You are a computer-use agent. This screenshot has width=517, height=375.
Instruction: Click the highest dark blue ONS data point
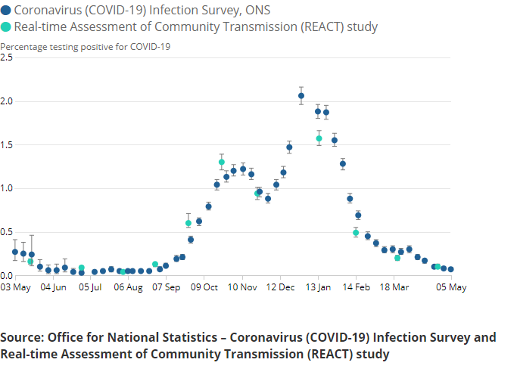(x=301, y=96)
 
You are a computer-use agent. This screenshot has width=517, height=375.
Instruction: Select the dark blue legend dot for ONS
(x=6, y=10)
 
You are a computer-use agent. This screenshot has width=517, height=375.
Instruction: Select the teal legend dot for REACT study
(x=6, y=26)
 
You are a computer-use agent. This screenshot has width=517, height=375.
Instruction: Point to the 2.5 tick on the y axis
(x=7, y=57)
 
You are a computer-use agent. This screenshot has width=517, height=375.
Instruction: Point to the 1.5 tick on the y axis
(x=7, y=144)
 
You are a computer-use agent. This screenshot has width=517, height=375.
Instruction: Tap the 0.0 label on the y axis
(x=7, y=275)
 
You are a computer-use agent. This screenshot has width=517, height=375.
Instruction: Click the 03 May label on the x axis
(x=15, y=288)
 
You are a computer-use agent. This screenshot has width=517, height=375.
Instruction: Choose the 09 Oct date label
(x=204, y=288)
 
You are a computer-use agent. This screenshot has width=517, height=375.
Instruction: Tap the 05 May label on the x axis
(x=450, y=288)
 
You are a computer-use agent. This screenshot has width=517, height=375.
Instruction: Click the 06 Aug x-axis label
(x=129, y=288)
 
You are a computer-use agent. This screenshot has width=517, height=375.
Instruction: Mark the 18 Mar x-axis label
(x=394, y=288)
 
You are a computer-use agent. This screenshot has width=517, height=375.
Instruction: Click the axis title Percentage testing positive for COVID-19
(x=85, y=46)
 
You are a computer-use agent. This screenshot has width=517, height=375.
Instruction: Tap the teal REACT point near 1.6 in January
(x=319, y=138)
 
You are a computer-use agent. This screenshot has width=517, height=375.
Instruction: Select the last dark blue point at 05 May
(x=451, y=269)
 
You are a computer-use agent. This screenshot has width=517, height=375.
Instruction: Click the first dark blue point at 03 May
(x=15, y=252)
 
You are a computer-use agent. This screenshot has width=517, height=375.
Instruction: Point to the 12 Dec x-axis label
(x=281, y=288)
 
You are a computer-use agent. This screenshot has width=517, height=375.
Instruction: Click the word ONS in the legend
(x=251, y=10)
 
